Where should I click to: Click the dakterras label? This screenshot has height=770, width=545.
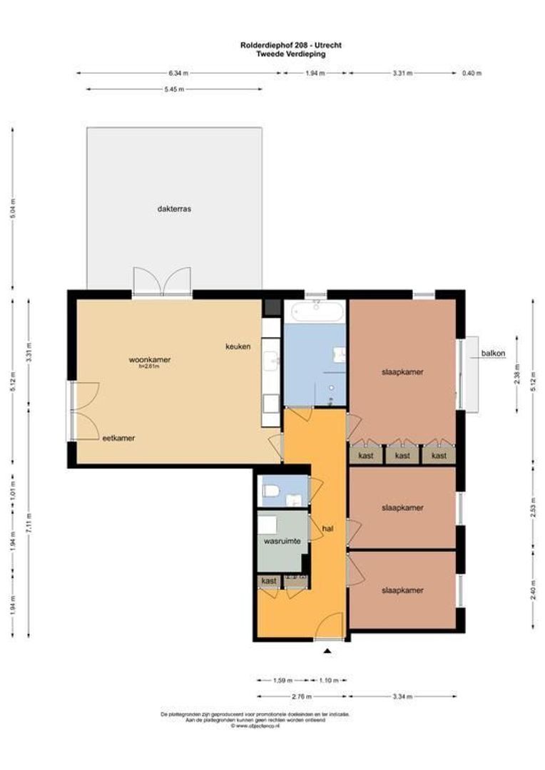pos(175,209)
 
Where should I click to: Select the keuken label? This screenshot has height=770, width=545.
pos(238,346)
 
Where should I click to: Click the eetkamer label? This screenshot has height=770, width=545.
pos(118,438)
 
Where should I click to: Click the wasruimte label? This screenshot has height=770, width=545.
pos(282,542)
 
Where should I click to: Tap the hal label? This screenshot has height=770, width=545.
pos(328,529)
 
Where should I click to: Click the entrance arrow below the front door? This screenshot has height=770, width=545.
pos(327,651)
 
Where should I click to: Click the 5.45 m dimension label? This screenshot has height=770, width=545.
pos(174,89)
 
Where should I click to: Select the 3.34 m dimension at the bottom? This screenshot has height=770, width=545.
pos(403,696)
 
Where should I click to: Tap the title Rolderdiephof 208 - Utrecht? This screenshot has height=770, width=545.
pos(291,45)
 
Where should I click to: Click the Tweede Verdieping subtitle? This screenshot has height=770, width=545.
pos(291,53)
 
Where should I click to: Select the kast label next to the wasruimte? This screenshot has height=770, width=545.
pos(269,582)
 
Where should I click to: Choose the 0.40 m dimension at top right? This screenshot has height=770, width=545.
pos(472,73)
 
